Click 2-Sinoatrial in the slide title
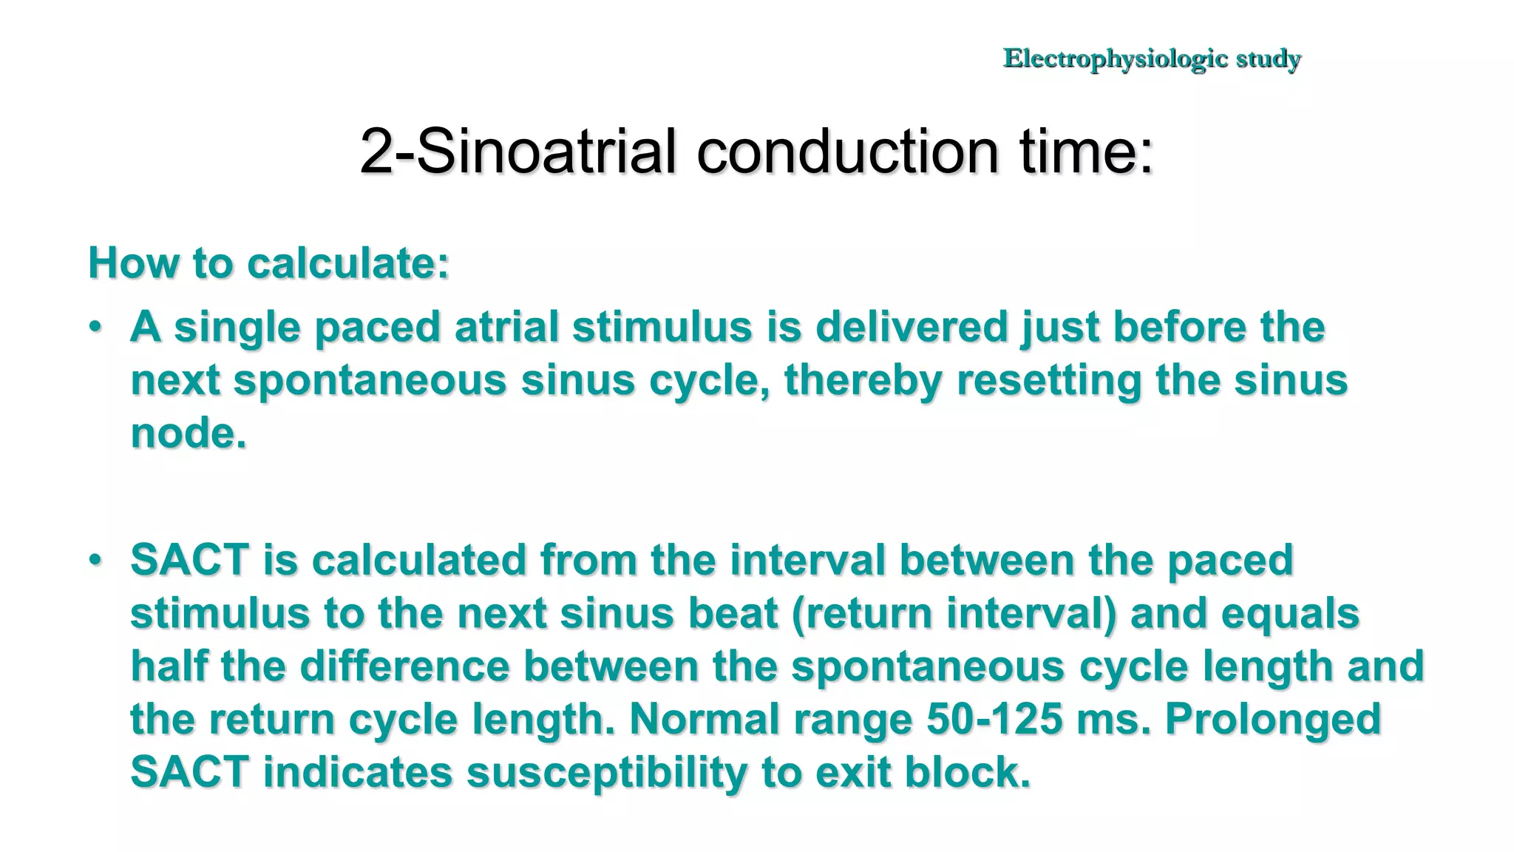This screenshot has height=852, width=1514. click(x=517, y=152)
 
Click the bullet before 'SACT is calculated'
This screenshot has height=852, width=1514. click(x=95, y=560)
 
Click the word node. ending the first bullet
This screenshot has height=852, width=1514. click(x=189, y=433)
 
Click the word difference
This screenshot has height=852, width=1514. click(x=404, y=666)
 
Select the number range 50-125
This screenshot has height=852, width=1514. click(x=994, y=720)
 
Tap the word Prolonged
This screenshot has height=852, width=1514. click(x=1273, y=720)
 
